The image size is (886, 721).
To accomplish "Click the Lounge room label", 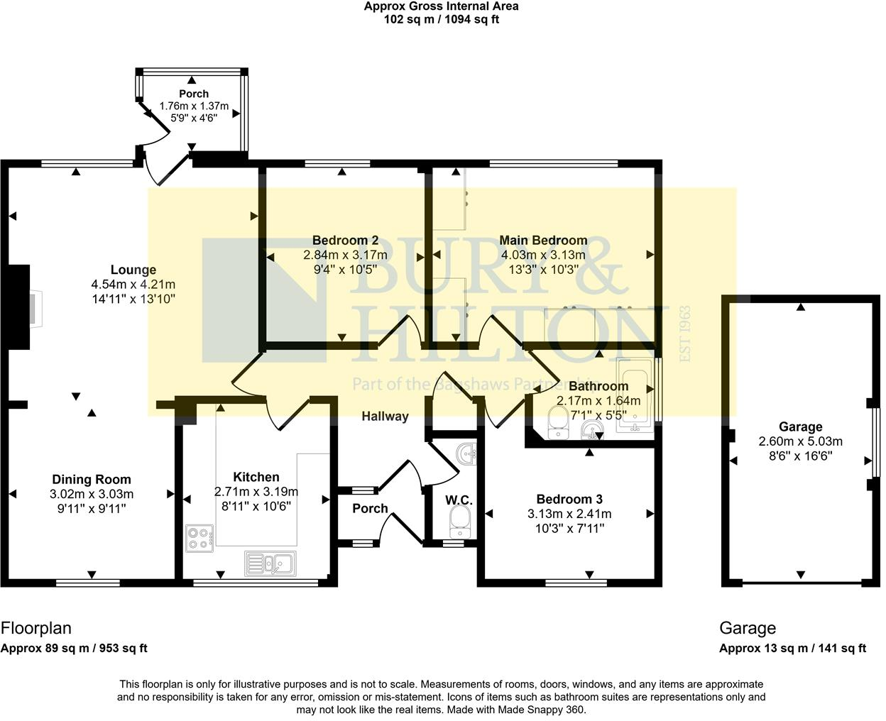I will click(x=133, y=270).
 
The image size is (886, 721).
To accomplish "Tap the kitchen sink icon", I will click(x=273, y=563).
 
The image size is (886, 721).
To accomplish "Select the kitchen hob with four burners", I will click(x=200, y=538).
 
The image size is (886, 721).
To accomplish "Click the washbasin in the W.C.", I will click(x=466, y=453).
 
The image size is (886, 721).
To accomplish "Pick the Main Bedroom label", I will click(x=543, y=240).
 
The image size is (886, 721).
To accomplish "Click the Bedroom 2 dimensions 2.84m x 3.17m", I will click(x=345, y=255).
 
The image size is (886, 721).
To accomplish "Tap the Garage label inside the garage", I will click(x=800, y=426).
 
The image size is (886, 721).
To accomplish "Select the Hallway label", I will click(x=385, y=416).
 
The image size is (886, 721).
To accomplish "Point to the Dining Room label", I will click(x=92, y=480).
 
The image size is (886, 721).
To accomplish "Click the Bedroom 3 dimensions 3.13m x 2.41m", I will click(x=569, y=514).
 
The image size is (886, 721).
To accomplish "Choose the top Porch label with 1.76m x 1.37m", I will click(x=193, y=94).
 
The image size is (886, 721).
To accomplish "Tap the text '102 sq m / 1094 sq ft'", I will click(x=441, y=20).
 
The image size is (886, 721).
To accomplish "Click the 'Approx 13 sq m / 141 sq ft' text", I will click(x=792, y=648).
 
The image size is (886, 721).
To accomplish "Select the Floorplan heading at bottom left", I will click(x=36, y=628).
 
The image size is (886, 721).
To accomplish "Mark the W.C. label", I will click(x=459, y=500).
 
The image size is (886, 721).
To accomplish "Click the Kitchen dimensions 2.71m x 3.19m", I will click(x=256, y=491).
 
